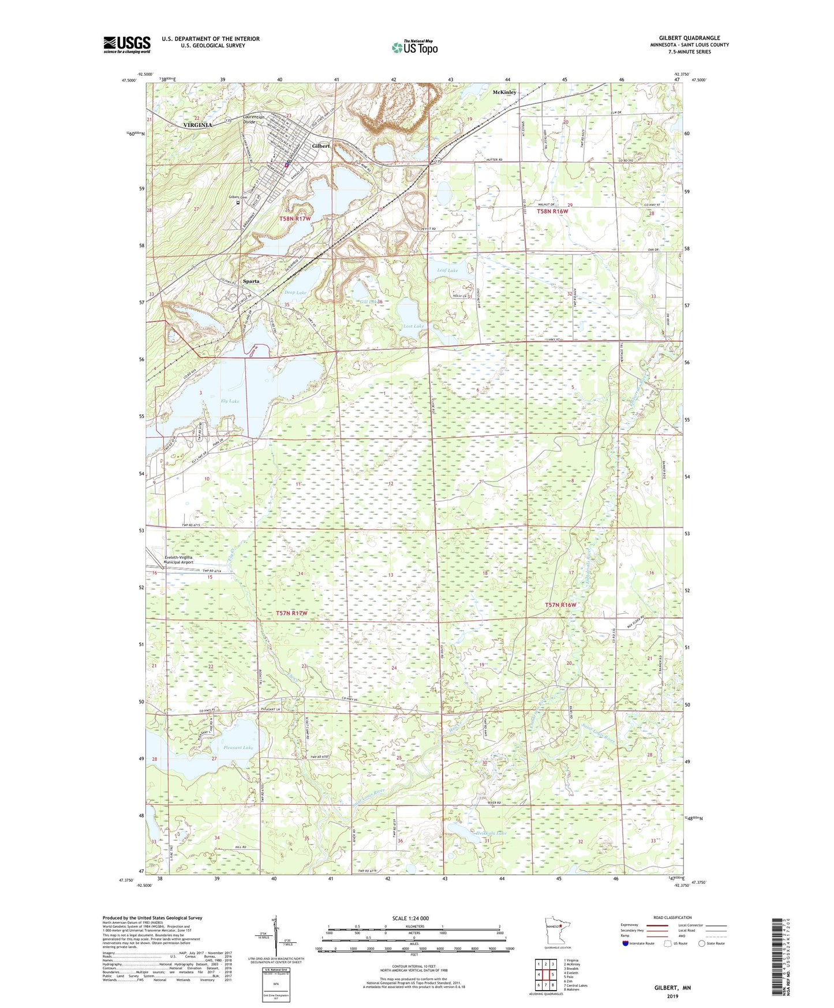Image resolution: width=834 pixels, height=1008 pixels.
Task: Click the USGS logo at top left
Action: click(127, 44)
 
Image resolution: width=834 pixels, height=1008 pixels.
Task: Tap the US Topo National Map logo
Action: click(414, 47)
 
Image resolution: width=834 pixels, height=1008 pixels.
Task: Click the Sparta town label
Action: click(250, 281)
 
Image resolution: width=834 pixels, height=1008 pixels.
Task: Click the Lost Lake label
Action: click(413, 326)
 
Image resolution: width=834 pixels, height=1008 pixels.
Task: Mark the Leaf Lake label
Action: click(448, 270)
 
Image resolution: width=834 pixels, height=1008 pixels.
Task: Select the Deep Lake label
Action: click(296, 293)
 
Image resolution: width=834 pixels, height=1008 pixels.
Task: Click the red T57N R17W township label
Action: click(292, 613)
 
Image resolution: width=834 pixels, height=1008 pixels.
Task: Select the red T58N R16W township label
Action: click(553, 212)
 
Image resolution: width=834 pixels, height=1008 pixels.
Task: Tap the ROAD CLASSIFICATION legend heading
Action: click(672, 917)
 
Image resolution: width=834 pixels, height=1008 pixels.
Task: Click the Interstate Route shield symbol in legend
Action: click(626, 943)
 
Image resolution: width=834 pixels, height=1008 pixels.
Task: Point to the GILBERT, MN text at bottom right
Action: click(672, 988)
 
